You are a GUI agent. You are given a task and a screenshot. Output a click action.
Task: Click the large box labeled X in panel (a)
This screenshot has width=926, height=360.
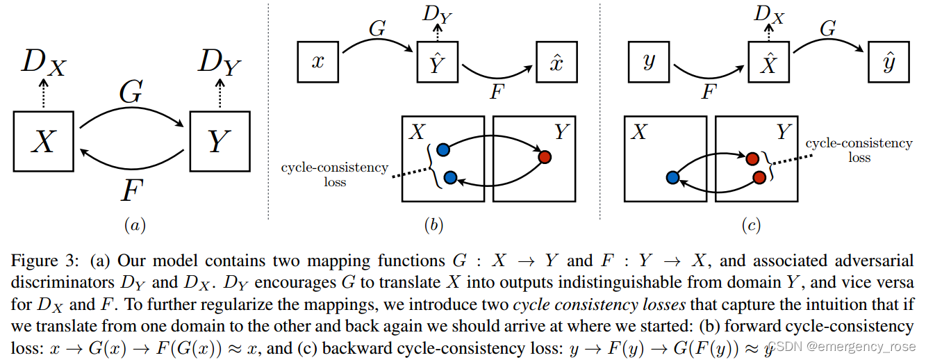(x=44, y=141)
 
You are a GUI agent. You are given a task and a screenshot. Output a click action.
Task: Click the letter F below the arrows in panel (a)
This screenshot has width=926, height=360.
(x=131, y=189)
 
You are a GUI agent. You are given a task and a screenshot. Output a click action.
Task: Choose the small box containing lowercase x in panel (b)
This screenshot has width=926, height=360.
(x=318, y=60)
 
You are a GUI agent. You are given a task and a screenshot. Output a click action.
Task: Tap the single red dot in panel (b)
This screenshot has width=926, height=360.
(x=544, y=157)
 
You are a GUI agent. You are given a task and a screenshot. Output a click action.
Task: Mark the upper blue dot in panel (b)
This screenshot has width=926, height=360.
(x=443, y=149)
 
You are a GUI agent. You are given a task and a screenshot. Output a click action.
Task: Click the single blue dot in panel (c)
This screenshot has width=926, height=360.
(x=672, y=178)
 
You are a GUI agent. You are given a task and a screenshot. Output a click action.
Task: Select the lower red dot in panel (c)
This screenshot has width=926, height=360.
(x=759, y=178)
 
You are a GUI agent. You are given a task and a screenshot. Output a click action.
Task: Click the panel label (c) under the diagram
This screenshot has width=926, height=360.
(x=750, y=225)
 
